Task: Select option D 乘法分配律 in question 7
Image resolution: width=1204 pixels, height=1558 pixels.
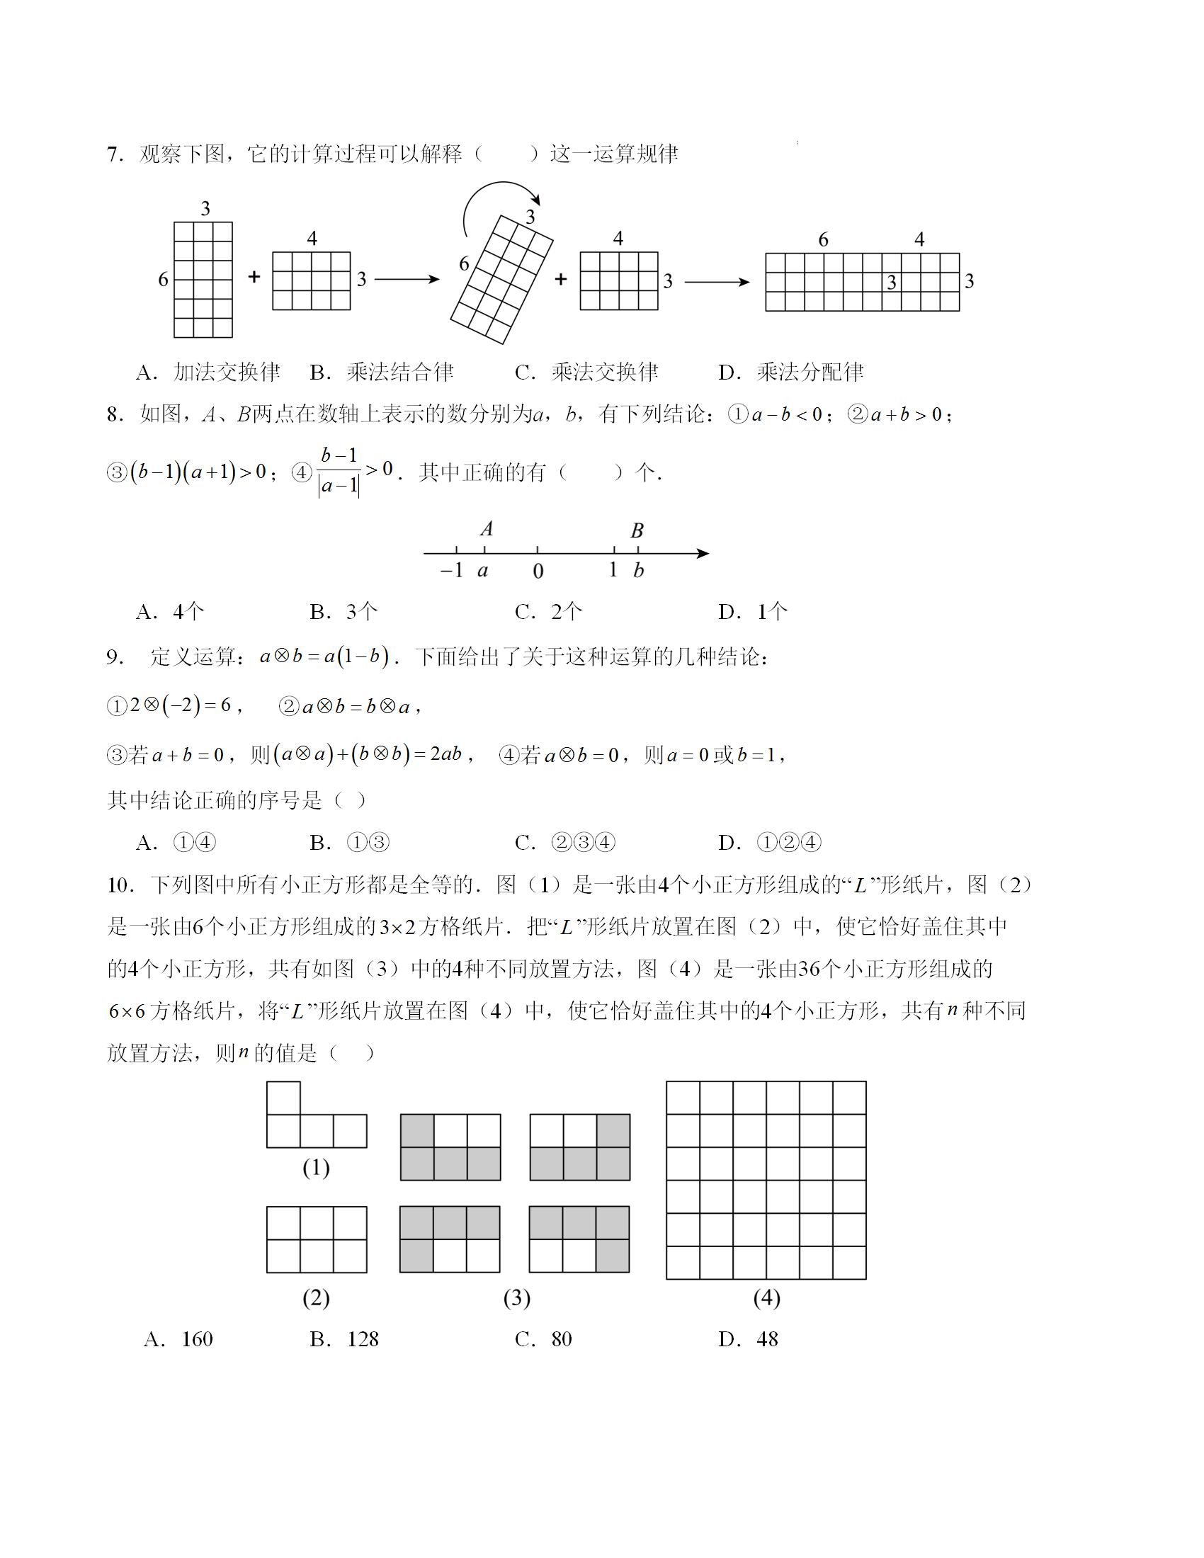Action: click(790, 372)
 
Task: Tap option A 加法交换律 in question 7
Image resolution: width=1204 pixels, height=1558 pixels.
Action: click(208, 372)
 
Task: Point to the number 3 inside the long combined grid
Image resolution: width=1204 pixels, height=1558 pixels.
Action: click(891, 283)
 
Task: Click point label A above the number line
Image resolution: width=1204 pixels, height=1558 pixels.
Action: click(487, 529)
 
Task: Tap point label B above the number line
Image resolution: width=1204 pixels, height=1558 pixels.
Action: click(637, 530)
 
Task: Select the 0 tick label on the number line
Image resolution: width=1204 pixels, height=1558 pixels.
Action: click(538, 572)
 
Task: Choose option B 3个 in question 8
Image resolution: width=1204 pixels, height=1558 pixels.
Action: click(343, 611)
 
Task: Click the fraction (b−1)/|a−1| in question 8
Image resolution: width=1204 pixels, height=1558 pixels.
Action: click(339, 472)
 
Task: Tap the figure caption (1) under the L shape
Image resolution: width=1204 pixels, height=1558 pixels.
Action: click(316, 1168)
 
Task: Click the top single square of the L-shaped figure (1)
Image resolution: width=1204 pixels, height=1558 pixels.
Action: click(283, 1098)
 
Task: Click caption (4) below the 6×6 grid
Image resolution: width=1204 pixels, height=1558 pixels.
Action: click(766, 1297)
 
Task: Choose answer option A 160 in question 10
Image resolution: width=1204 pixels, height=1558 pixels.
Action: click(178, 1339)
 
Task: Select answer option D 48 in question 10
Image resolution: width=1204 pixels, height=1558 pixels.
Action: click(748, 1339)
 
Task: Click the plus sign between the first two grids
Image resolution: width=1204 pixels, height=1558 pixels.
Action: click(254, 278)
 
